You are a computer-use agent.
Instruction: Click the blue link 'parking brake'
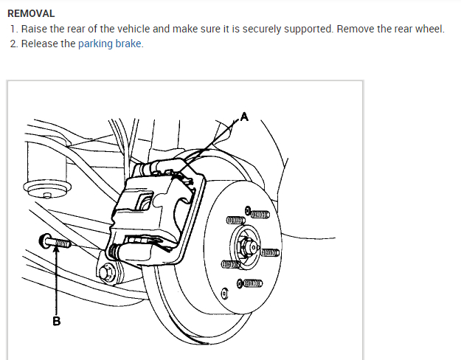pyautogui.click(x=110, y=44)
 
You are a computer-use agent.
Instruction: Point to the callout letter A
pyautogui.click(x=244, y=115)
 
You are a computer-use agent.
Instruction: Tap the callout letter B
pyautogui.click(x=56, y=321)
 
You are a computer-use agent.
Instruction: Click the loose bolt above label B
pyautogui.click(x=56, y=241)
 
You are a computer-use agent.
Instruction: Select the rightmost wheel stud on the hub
pyautogui.click(x=268, y=253)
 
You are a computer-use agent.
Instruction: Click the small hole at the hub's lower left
pyautogui.click(x=225, y=293)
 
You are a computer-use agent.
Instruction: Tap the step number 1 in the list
pyautogui.click(x=13, y=29)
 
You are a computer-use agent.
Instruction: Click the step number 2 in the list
pyautogui.click(x=13, y=44)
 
